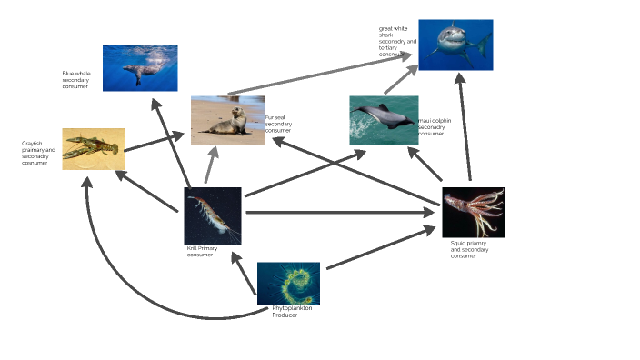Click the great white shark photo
455,45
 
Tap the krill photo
213,215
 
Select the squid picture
473,213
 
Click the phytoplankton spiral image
288,283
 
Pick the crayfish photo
93,148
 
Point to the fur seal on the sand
227,120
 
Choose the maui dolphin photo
384,120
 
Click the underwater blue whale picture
140,68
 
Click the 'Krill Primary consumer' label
201,251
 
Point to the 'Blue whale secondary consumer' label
76,80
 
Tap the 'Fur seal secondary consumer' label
278,124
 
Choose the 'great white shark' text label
397,41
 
